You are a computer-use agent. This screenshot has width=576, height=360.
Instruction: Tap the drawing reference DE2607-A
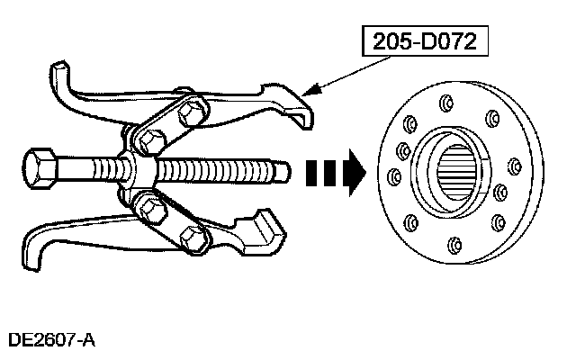(50, 340)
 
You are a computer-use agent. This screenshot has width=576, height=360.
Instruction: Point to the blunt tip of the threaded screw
(286, 170)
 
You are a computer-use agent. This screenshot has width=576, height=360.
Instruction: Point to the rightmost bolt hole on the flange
(514, 166)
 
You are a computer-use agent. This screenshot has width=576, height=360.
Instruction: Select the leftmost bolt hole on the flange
(394, 173)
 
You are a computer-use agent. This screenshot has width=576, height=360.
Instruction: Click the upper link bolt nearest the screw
(149, 140)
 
